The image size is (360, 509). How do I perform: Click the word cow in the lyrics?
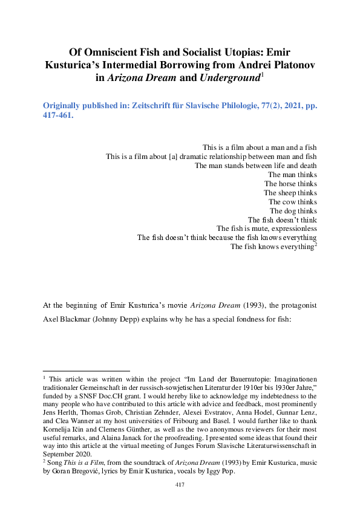click(x=289, y=201)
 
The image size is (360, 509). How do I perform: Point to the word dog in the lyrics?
click(x=290, y=210)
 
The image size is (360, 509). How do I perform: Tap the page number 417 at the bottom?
click(x=180, y=485)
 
